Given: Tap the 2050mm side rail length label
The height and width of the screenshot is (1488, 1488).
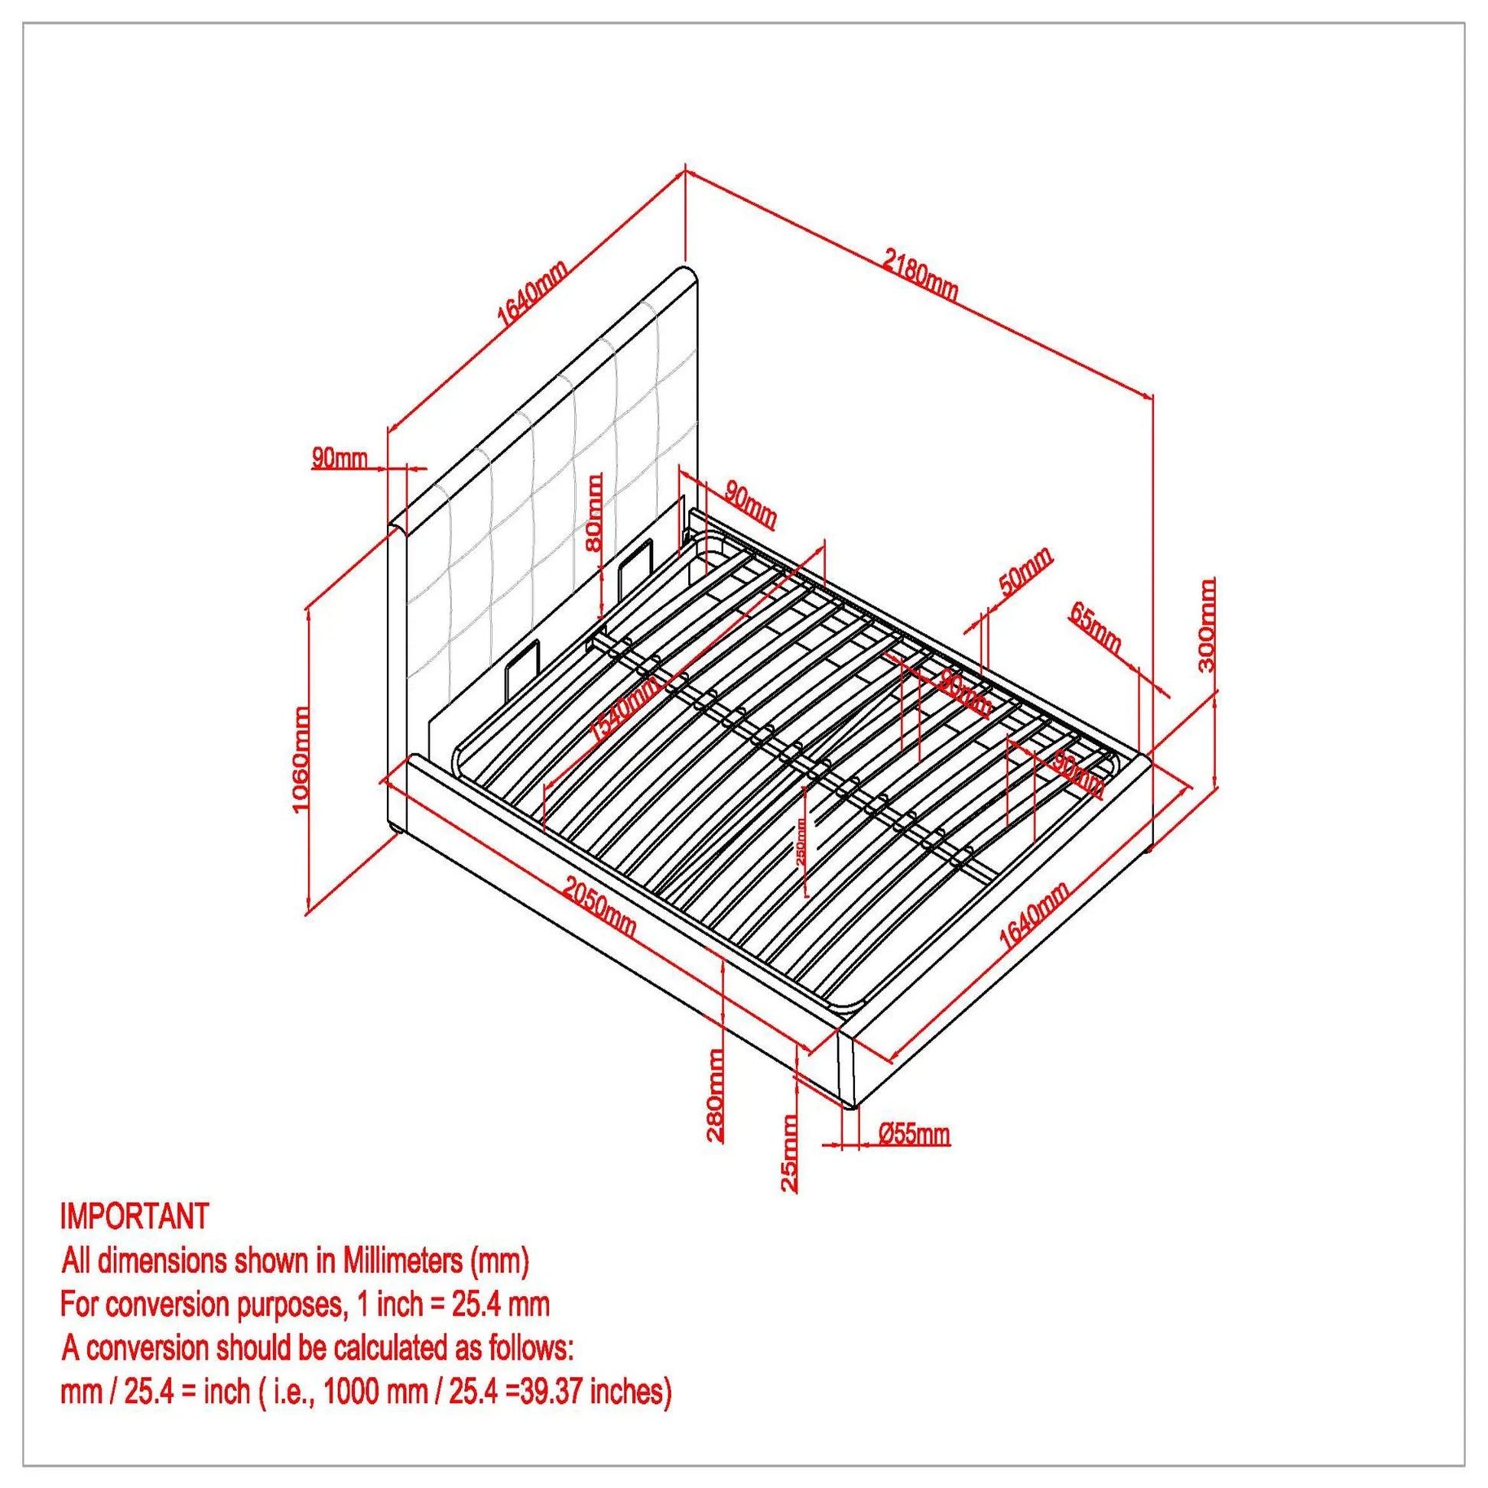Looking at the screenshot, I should pos(599,908).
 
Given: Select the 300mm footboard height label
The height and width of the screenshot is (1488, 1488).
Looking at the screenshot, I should pos(1207,624).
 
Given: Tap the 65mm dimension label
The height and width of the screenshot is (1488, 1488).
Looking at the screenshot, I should pos(1094,626).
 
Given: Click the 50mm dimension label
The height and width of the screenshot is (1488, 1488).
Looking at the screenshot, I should pos(1025,570).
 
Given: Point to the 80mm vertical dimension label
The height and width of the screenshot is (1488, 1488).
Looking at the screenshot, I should pos(595,512).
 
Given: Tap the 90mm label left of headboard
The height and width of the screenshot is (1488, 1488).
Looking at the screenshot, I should pos(340,457).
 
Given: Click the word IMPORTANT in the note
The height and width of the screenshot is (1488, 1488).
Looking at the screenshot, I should pos(134,1216).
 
